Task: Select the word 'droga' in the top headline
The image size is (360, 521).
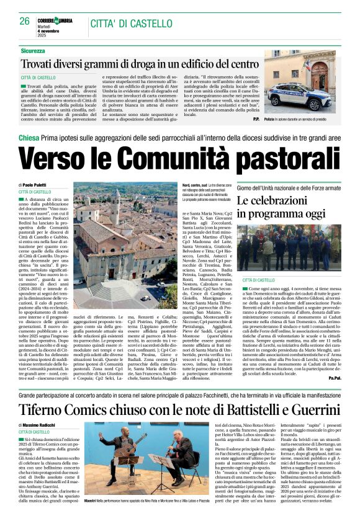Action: [137, 64]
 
